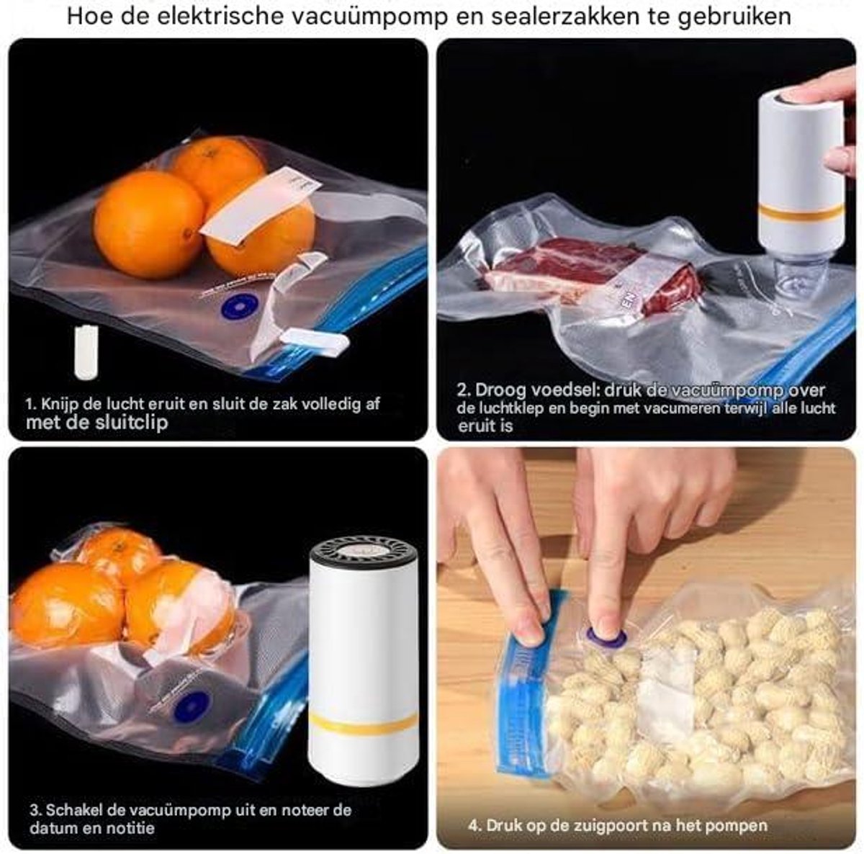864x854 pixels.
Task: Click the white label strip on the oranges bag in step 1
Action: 261,203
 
